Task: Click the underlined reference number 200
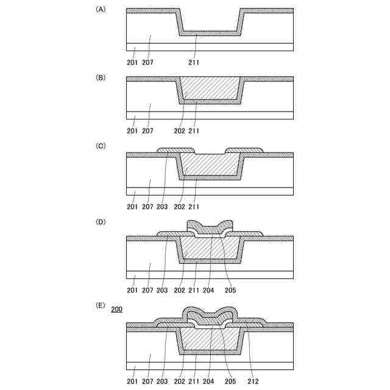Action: (x=116, y=310)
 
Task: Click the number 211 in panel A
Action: (x=194, y=62)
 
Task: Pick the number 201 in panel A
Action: (x=132, y=62)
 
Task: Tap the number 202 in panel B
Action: (x=179, y=130)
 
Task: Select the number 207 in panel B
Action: (x=148, y=130)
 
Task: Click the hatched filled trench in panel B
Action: (x=209, y=89)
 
